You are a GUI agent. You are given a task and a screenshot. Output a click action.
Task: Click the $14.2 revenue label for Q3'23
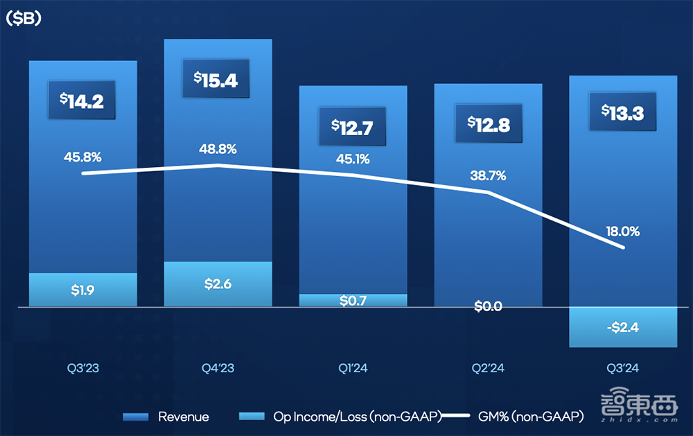tap(82, 101)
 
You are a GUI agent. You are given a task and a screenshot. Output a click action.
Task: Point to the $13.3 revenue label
tap(622, 112)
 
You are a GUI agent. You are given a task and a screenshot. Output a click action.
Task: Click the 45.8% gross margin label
tap(82, 157)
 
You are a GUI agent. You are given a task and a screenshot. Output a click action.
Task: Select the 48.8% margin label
tap(217, 148)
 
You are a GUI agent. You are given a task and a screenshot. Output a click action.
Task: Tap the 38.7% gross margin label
tap(487, 176)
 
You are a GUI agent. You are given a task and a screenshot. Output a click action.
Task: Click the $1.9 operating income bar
tap(82, 290)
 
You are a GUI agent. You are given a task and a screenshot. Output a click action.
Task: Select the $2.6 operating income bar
tap(218, 284)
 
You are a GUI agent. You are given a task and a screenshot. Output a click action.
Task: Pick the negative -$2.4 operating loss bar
tap(622, 326)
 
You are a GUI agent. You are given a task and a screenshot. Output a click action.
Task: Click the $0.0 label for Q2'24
tap(488, 306)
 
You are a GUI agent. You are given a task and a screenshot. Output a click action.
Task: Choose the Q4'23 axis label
tap(218, 368)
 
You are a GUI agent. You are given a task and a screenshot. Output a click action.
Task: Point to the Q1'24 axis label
tap(353, 368)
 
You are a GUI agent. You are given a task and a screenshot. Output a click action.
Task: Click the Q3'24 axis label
tap(622, 368)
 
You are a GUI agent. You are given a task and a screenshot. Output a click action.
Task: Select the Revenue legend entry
tap(166, 417)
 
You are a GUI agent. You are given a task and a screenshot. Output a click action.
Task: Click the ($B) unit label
tap(24, 19)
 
